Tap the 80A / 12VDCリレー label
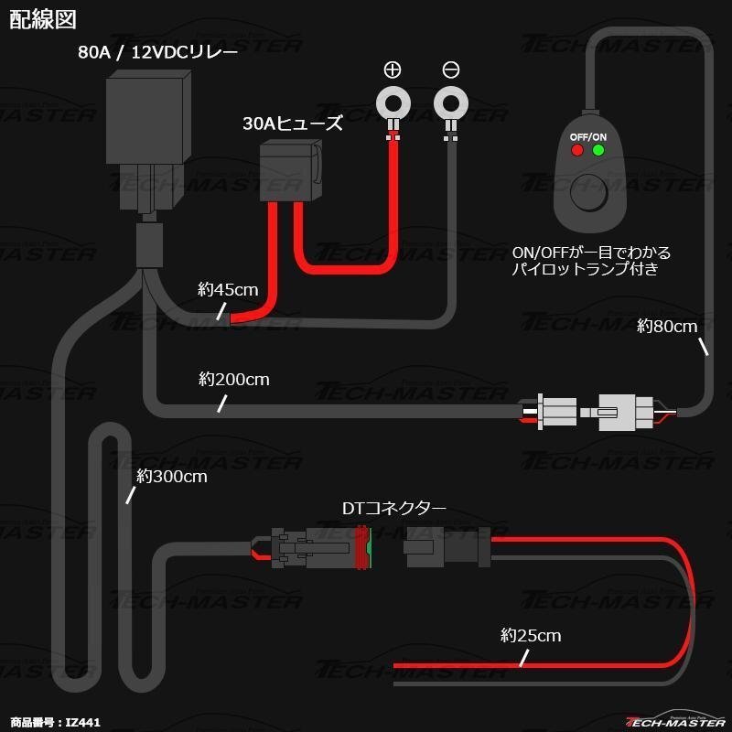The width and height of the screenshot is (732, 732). (x=157, y=52)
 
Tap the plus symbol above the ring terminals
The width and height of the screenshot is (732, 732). (x=393, y=70)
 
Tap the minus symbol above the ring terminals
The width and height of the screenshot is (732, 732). (x=450, y=70)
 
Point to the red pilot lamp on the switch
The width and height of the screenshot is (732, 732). (x=578, y=151)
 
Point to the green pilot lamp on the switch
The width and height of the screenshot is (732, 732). (x=598, y=151)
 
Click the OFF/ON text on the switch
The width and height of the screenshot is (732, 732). (x=588, y=136)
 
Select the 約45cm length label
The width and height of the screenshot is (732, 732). (x=228, y=290)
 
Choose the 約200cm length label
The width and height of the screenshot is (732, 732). (x=234, y=379)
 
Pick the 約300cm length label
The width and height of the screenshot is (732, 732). (x=171, y=477)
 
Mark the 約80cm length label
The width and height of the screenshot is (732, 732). (x=667, y=326)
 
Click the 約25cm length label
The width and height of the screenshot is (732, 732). (x=531, y=635)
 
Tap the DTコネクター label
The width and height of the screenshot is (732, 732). (x=394, y=508)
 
